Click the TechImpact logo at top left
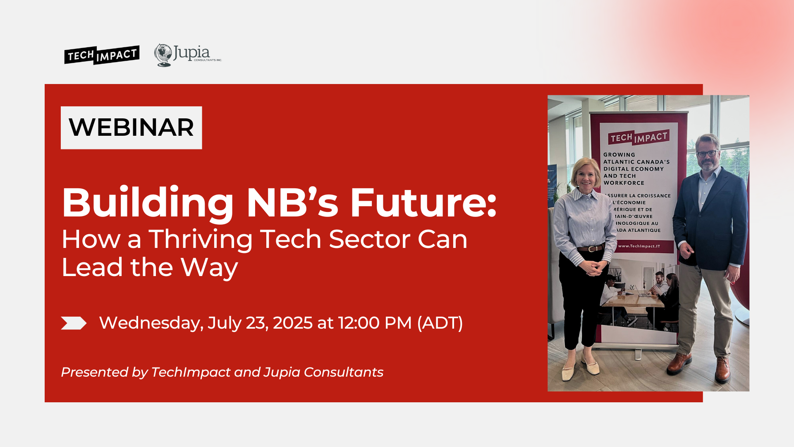pyautogui.click(x=102, y=55)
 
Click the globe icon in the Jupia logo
pyautogui.click(x=163, y=55)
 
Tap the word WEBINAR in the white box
pyautogui.click(x=131, y=127)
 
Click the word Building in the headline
pyautogui.click(x=148, y=203)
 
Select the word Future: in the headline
pyautogui.click(x=423, y=203)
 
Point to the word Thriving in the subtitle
pyautogui.click(x=200, y=240)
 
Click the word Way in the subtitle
pyautogui.click(x=209, y=268)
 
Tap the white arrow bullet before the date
pyautogui.click(x=73, y=323)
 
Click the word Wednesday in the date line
pyautogui.click(x=151, y=323)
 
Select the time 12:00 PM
pyautogui.click(x=375, y=323)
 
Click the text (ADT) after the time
pyautogui.click(x=440, y=323)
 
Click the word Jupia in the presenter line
pyautogui.click(x=282, y=372)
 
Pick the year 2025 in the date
pyautogui.click(x=292, y=323)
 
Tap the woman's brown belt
pyautogui.click(x=591, y=249)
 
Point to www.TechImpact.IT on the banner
pyautogui.click(x=639, y=246)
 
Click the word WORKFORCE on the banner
pyautogui.click(x=624, y=183)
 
